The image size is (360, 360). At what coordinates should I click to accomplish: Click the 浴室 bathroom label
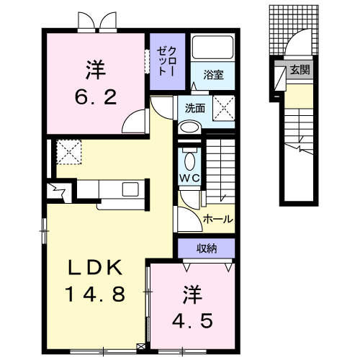click(213, 75)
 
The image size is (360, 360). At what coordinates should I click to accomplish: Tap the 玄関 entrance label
click(300, 70)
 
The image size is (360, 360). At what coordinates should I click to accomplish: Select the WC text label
click(189, 178)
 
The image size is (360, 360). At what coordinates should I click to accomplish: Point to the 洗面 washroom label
click(195, 108)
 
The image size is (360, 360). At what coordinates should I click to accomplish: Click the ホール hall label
click(218, 219)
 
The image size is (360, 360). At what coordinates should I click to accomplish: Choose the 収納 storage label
click(207, 248)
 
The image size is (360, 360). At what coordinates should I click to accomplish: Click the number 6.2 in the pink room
click(96, 97)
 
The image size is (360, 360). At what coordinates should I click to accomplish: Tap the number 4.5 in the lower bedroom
click(192, 320)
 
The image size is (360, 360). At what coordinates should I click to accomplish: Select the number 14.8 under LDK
click(95, 294)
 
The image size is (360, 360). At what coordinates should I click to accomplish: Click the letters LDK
click(95, 267)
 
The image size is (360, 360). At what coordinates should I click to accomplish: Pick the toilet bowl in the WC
click(189, 161)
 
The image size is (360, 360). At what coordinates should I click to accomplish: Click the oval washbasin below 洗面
click(189, 127)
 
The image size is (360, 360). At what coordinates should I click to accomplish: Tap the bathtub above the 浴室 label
click(213, 48)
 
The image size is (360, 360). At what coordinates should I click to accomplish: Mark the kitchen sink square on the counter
click(130, 189)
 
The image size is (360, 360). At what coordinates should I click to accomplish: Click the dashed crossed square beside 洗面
click(224, 108)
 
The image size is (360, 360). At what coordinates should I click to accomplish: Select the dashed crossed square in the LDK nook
click(69, 152)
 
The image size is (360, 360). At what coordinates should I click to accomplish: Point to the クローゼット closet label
click(167, 61)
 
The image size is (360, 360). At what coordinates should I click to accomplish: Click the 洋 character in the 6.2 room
click(96, 70)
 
